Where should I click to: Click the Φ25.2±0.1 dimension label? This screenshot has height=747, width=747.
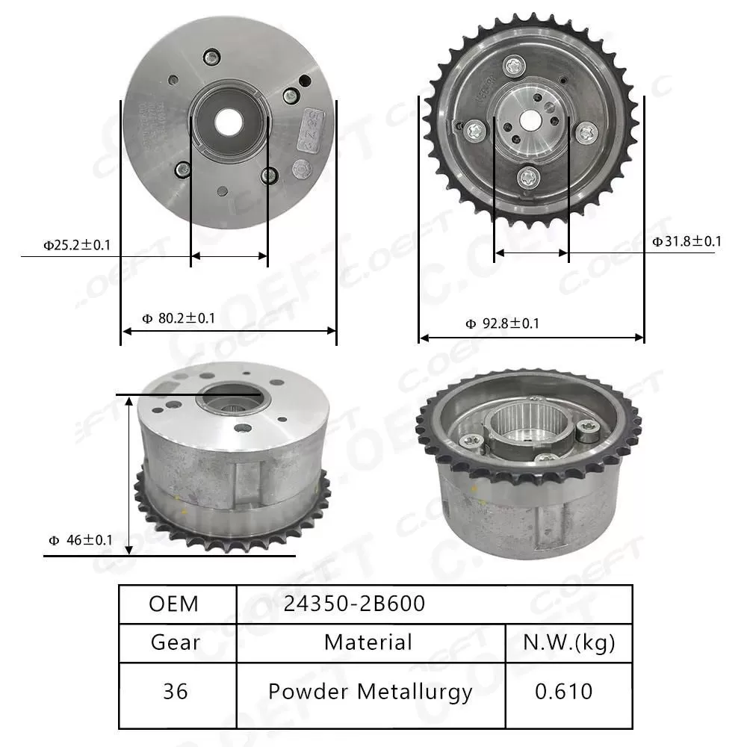[77, 244]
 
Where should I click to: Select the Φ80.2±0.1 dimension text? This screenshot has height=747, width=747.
[179, 318]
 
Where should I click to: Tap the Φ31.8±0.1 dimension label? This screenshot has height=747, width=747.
[686, 241]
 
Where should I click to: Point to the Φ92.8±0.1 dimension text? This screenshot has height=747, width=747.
[502, 323]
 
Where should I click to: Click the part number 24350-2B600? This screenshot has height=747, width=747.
[354, 604]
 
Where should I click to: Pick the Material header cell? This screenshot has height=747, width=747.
[368, 642]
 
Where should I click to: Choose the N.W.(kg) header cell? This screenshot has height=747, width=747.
[569, 642]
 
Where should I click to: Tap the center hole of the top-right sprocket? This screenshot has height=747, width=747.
[531, 118]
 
